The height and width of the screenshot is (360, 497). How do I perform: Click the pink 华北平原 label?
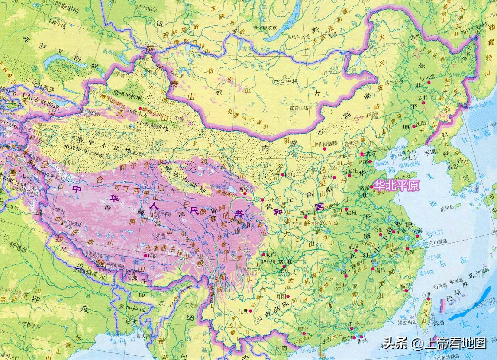click(397, 186)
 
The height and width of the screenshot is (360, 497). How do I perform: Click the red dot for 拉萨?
click(145, 256)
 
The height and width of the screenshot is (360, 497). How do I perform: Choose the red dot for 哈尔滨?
click(429, 82)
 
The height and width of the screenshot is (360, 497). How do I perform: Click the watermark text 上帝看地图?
click(455, 344)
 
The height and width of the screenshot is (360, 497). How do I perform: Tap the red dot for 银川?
click(281, 174)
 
